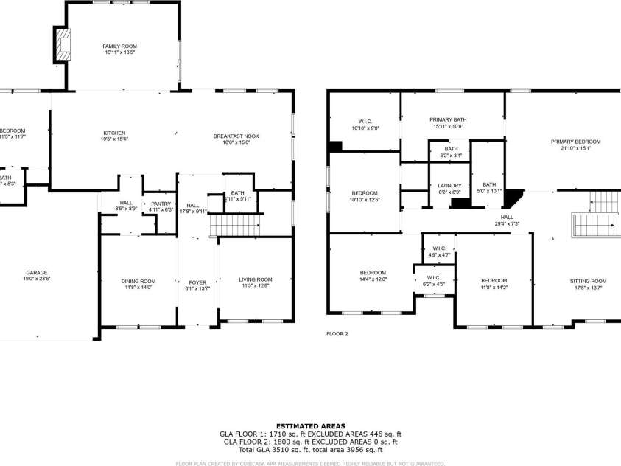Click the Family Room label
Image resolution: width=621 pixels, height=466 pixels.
[x=119, y=46]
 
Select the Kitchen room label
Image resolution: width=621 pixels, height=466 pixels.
[x=114, y=133]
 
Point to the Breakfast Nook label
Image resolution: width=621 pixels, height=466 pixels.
[x=236, y=136]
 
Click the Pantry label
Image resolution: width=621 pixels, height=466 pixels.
[x=161, y=203]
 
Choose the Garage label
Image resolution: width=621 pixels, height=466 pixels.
[x=37, y=273]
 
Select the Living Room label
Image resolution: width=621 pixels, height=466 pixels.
[x=256, y=279]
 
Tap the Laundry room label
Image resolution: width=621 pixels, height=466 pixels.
[x=449, y=186]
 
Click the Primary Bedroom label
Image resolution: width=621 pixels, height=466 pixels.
[x=576, y=142]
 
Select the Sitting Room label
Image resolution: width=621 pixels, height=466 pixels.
[x=588, y=281]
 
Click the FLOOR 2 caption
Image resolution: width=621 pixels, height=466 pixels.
[x=337, y=334]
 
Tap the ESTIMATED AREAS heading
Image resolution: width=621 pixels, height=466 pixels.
[x=309, y=426]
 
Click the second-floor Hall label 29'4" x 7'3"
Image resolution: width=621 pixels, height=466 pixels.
[x=507, y=217]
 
